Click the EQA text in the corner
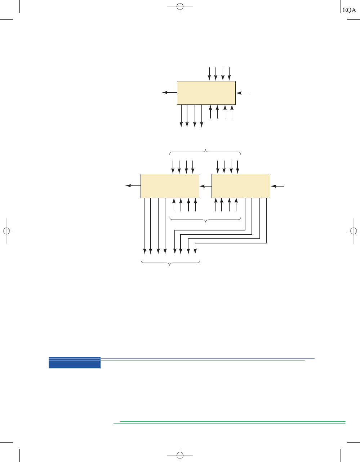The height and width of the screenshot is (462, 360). click(349, 10)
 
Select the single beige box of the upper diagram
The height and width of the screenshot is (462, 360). click(206, 93)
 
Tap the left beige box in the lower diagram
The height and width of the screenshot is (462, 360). click(170, 186)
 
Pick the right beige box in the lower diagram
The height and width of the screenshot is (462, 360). click(241, 186)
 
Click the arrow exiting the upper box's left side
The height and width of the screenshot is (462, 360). click(170, 93)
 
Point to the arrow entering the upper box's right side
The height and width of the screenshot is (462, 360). click(243, 93)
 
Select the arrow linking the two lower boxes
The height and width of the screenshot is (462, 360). click(205, 186)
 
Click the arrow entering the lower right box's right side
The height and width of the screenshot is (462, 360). click(277, 186)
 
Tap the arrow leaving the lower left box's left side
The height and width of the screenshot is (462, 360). click(133, 185)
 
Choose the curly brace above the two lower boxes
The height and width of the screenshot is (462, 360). click(205, 152)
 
